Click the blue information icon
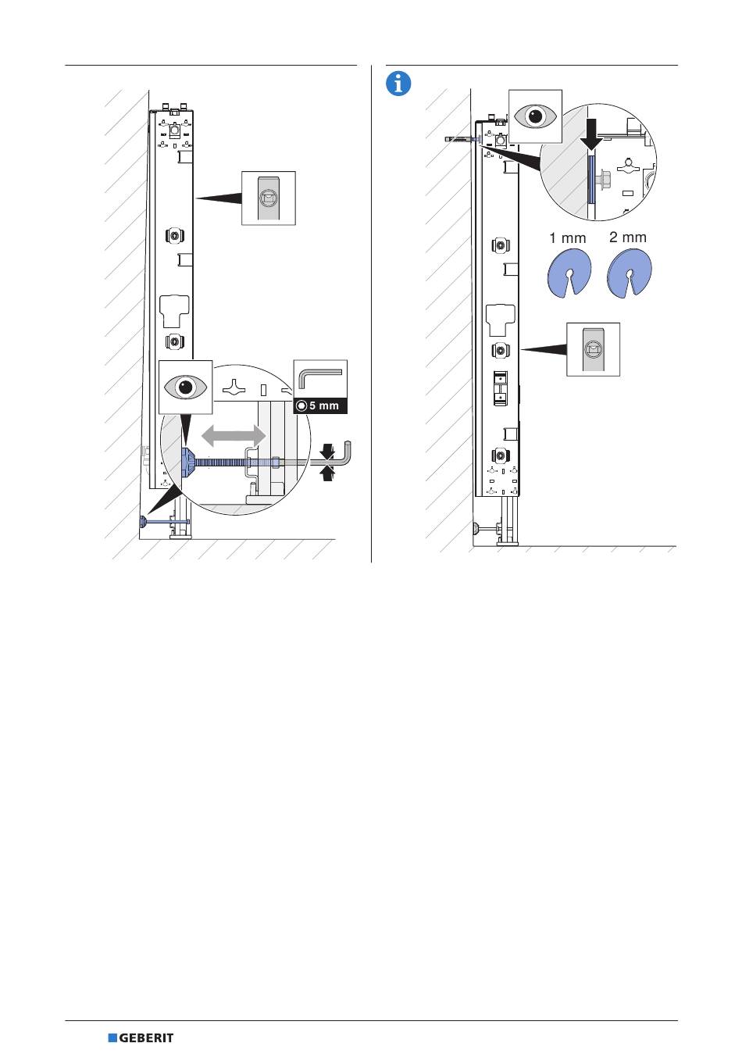point(398,84)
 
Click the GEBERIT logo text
point(146,1037)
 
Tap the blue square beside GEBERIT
point(112,1037)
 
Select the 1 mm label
point(568,237)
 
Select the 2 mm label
point(627,237)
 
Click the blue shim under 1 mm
point(569,273)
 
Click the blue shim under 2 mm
point(630,273)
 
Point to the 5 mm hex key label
point(320,405)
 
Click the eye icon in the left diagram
point(185,387)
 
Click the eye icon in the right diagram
point(535,116)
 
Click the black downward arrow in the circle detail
point(591,134)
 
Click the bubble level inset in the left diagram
point(269,198)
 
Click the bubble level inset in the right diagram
point(593,349)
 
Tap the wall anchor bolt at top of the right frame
point(462,139)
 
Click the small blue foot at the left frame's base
point(142,521)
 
